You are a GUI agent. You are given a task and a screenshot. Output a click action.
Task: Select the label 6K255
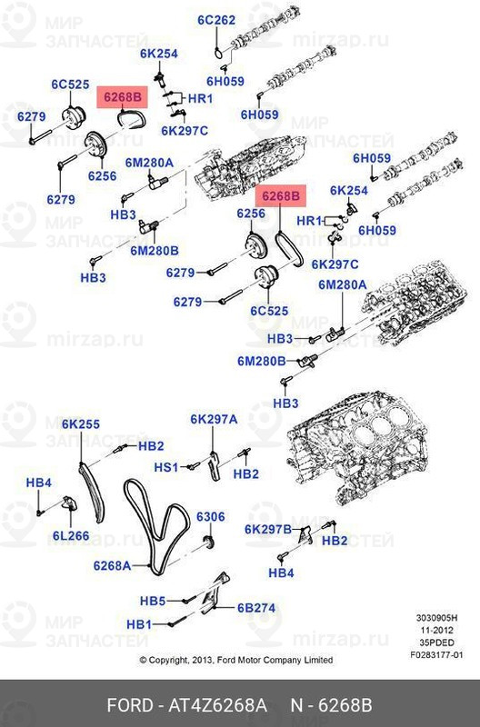[81, 423]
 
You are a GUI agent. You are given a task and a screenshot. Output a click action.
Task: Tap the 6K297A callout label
[214, 419]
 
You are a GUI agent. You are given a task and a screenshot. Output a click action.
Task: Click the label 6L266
[70, 535]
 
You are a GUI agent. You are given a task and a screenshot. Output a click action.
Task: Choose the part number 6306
[210, 516]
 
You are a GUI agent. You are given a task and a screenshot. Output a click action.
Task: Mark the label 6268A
[112, 565]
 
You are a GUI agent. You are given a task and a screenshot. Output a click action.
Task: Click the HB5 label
[152, 601]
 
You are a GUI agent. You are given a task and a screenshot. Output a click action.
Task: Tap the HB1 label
[138, 624]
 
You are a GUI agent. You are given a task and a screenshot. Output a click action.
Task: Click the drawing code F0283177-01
[435, 652]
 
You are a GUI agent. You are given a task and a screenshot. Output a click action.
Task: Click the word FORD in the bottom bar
[128, 706]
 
